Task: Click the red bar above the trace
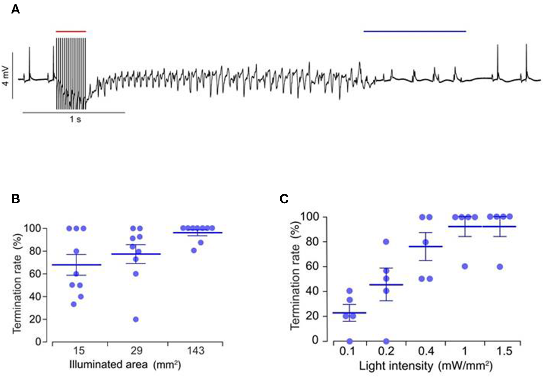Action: tap(71, 31)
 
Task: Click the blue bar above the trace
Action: tap(415, 31)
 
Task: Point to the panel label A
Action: tap(15, 9)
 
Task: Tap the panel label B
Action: tap(15, 199)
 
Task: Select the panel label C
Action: tap(284, 199)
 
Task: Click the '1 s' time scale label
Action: tap(75, 119)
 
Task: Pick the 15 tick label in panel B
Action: tap(79, 351)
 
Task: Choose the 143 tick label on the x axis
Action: tap(195, 351)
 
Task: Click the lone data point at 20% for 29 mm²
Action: tap(136, 320)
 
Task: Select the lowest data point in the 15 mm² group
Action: tap(74, 304)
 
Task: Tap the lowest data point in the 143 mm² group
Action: tap(194, 250)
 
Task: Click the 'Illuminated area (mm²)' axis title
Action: tap(125, 365)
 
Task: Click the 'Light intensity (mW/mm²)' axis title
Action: tap(425, 366)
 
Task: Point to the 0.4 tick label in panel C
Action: tap(426, 351)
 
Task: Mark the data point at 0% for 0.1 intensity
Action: tap(349, 341)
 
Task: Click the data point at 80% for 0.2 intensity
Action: tap(386, 242)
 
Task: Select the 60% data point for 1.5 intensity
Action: tap(500, 267)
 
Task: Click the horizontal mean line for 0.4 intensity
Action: tap(425, 246)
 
